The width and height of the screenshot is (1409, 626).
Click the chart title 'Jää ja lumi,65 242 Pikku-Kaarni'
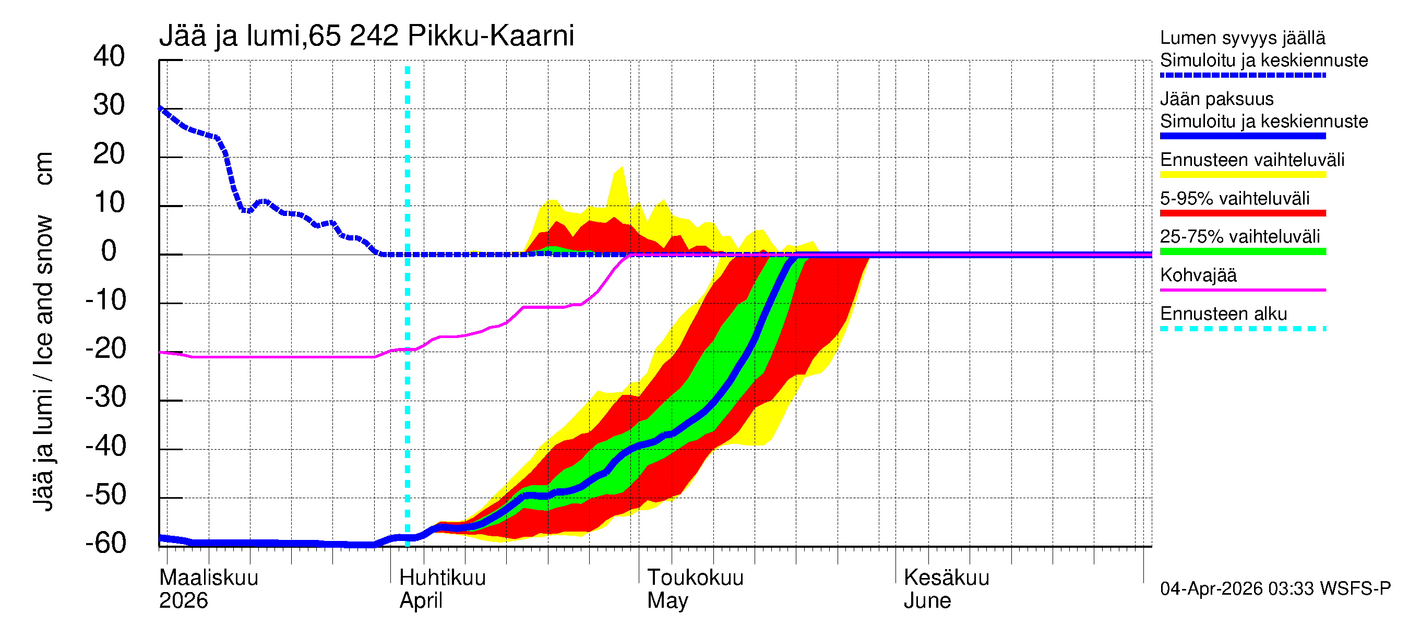coord(366,36)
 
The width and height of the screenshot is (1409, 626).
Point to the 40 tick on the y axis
coord(109,56)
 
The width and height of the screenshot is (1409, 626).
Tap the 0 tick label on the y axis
coord(109,251)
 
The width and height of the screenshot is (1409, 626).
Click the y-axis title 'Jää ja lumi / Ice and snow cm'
coord(43,331)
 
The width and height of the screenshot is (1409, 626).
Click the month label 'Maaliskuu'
coord(208,577)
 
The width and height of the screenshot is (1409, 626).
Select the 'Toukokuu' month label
coord(695,577)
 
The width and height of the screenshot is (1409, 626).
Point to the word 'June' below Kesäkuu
coord(927,600)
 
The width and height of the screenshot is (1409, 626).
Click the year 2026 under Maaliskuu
coord(183,600)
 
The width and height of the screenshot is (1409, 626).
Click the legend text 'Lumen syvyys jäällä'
coord(1242,38)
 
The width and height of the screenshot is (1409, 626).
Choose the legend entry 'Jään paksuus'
coord(1216,99)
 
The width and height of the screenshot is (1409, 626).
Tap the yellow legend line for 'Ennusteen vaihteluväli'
coord(1242,175)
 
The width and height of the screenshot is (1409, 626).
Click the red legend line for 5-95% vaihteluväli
coord(1242,213)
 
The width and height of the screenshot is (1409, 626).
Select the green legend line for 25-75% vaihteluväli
coord(1242,251)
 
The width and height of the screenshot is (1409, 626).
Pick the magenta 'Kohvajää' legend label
coord(1198,275)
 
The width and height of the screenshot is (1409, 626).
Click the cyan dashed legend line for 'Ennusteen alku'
coord(1242,329)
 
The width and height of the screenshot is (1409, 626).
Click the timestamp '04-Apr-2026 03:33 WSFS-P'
coord(1275,588)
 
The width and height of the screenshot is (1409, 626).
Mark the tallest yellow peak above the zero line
coord(622,168)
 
